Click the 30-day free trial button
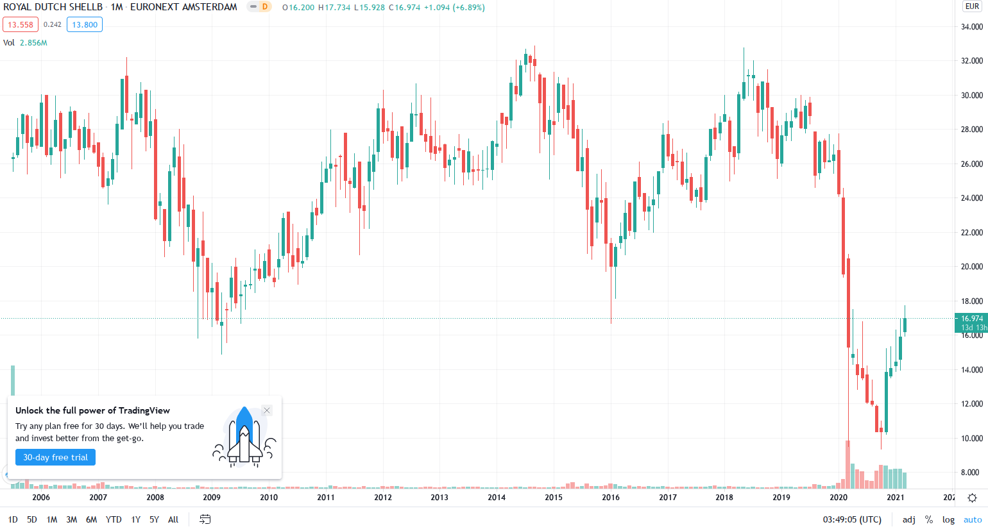(55, 457)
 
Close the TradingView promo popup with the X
(267, 410)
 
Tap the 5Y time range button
(154, 519)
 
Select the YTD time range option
(114, 519)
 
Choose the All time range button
(173, 519)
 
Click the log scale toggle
(948, 519)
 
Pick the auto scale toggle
(973, 519)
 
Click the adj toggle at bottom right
(909, 519)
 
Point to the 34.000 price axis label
(971, 27)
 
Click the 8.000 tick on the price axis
(971, 473)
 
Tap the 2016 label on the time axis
(611, 497)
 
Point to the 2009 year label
(212, 497)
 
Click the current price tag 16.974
(971, 319)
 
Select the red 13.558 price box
(21, 25)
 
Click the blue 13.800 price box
(85, 25)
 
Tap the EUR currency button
(973, 6)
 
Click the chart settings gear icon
(973, 498)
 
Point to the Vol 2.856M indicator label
(25, 43)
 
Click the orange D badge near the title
(264, 7)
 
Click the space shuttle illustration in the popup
(244, 436)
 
